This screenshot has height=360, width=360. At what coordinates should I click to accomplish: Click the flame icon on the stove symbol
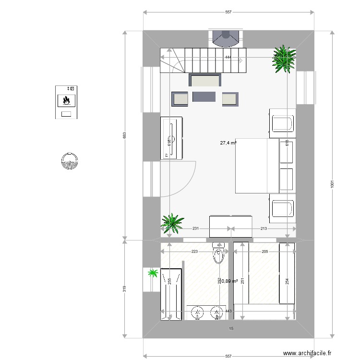67,101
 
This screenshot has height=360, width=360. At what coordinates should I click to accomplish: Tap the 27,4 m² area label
228,143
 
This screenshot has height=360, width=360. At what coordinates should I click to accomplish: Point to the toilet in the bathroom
219,254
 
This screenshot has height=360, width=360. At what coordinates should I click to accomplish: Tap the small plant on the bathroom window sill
153,274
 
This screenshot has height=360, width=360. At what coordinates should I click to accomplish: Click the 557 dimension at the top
228,12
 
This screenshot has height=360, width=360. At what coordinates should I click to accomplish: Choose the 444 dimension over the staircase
228,58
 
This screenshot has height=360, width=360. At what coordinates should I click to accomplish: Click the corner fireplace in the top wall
226,37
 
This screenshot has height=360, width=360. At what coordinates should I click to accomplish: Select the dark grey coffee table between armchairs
204,97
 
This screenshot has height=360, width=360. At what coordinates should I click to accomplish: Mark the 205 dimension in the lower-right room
264,252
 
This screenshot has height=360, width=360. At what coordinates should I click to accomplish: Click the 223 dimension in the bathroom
194,252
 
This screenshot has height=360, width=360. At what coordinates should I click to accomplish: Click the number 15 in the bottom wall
231,329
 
